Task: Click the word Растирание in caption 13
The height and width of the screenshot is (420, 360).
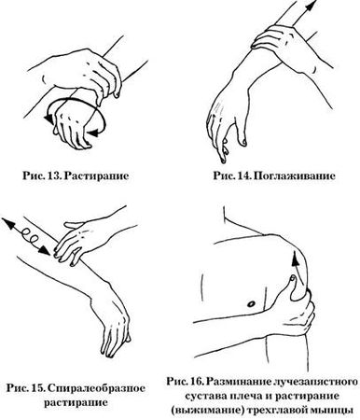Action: pos(97,175)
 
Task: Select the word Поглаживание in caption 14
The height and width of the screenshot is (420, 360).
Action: pos(294,175)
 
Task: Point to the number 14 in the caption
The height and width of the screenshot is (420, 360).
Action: pos(243,175)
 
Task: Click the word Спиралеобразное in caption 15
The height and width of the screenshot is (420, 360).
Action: pos(97,388)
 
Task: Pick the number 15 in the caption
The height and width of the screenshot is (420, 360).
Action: pos(38,388)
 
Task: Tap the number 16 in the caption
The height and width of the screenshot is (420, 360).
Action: pos(197,382)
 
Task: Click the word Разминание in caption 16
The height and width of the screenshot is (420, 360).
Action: pos(238,382)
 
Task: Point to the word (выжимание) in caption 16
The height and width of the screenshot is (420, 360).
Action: pos(207,411)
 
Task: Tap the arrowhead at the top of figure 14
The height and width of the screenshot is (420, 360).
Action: pos(312,6)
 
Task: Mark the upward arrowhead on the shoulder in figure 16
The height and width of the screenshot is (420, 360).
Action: pos(295,259)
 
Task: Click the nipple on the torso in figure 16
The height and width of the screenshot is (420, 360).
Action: pos(252,303)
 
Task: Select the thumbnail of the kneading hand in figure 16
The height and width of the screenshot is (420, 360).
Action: pos(292,279)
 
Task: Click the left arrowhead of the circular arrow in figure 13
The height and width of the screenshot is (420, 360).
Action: pos(48,118)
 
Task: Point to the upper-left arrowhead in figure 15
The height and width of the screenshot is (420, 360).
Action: pos(7,223)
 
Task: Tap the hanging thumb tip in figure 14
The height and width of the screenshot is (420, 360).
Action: pos(243,143)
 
